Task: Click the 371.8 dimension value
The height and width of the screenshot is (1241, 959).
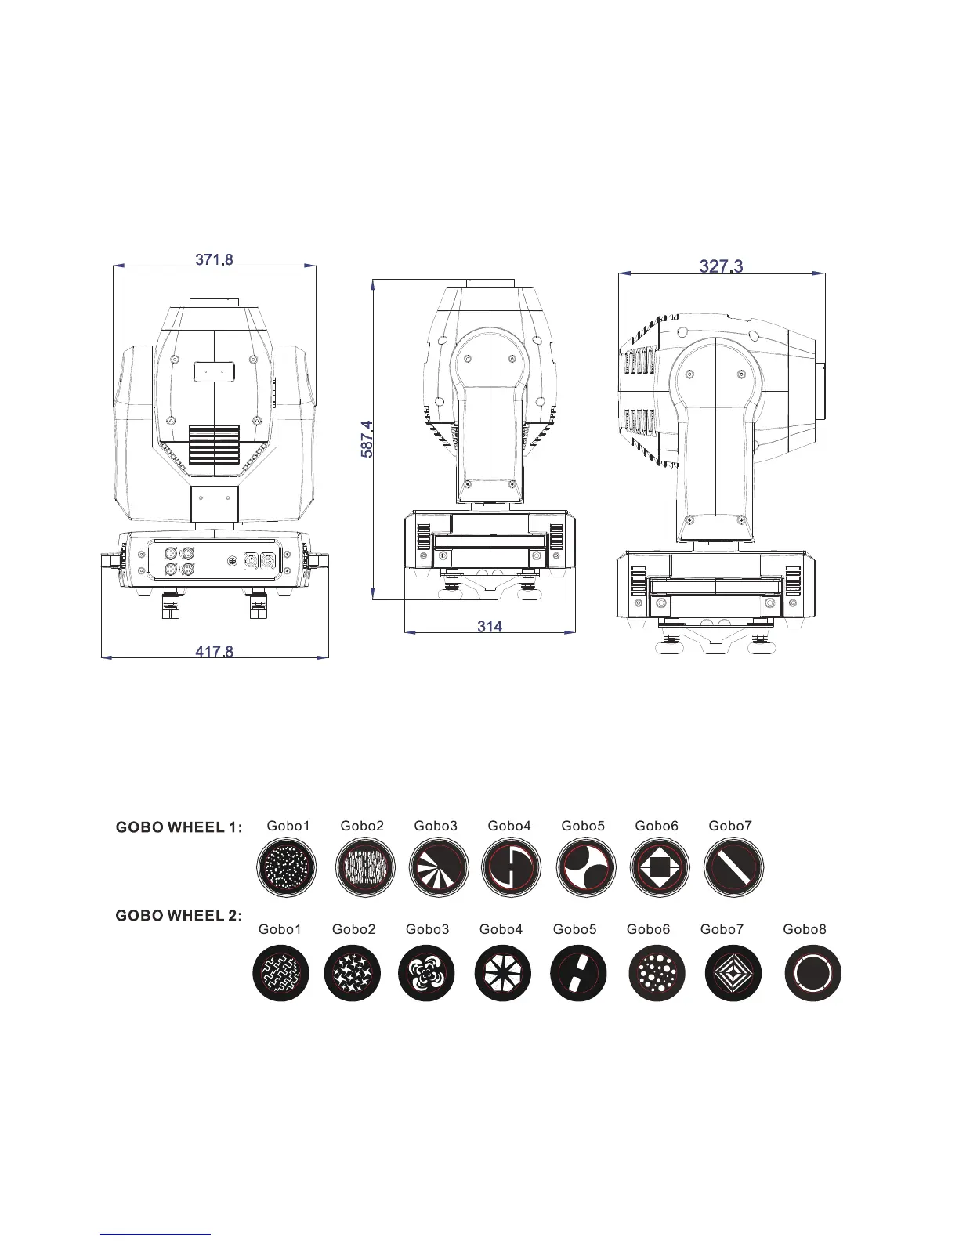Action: [x=214, y=260]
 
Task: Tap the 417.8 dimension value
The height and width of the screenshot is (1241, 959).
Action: [x=214, y=652]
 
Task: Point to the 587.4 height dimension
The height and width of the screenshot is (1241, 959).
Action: [x=367, y=440]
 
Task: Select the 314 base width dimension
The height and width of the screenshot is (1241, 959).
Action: [x=490, y=627]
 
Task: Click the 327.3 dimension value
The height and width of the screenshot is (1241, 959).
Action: [x=722, y=266]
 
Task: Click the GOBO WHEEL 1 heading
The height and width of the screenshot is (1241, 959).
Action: [x=179, y=827]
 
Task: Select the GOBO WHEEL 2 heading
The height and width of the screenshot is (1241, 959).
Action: [x=179, y=916]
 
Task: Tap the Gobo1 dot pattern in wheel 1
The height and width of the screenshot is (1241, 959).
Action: [x=286, y=867]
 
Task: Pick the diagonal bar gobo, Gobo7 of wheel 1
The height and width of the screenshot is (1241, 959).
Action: [x=733, y=867]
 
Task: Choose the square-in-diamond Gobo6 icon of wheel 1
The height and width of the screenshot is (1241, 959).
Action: [x=659, y=867]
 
